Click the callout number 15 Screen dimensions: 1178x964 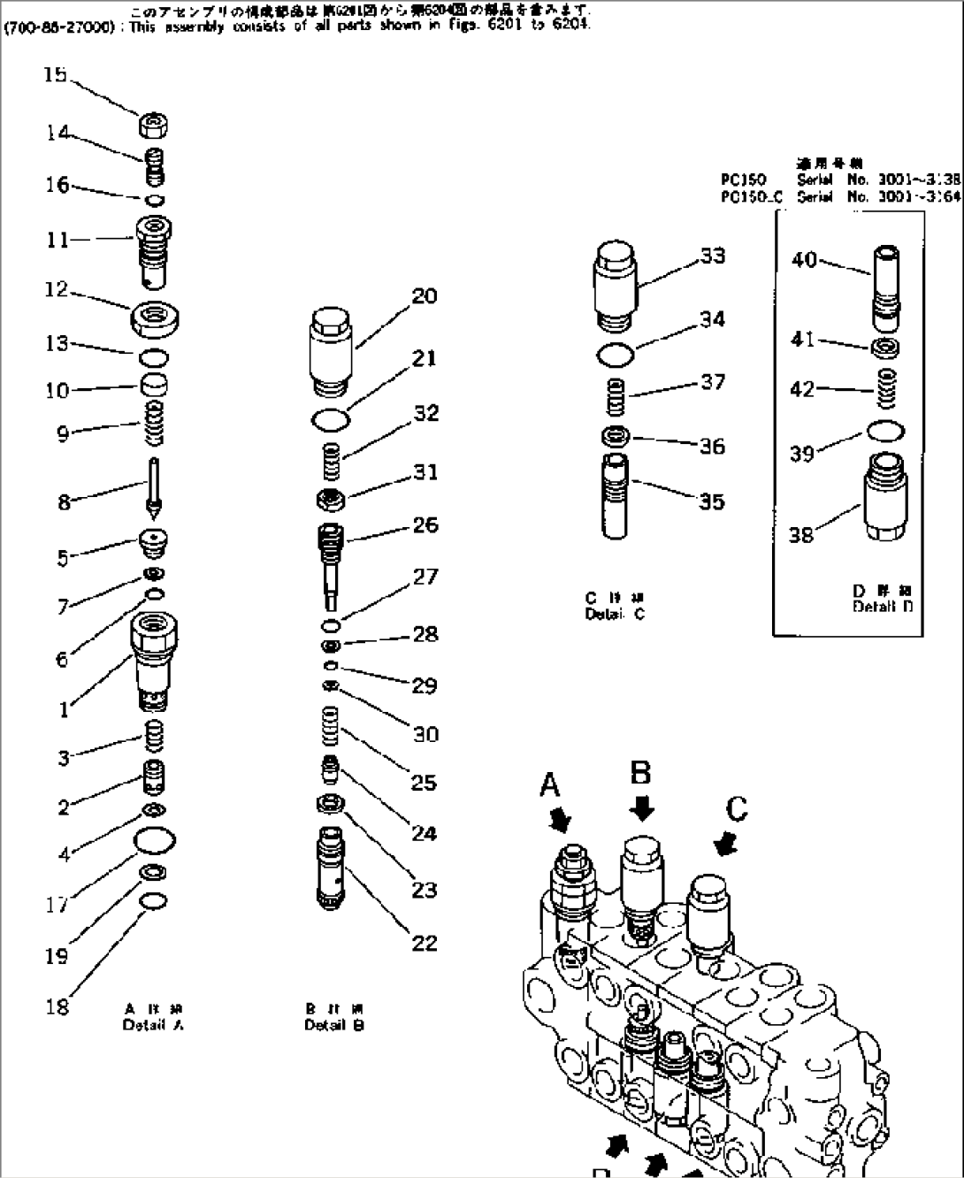tap(55, 75)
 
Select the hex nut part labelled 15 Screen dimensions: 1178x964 tap(155, 125)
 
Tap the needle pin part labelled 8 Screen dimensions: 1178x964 tap(155, 487)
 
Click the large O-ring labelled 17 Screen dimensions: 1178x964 tap(155, 839)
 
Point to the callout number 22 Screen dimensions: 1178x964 tap(425, 943)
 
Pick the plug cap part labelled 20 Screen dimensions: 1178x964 tap(333, 355)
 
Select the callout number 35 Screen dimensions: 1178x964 tap(711, 501)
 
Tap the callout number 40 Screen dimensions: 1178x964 tap(804, 260)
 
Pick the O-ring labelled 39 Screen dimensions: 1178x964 tap(886, 431)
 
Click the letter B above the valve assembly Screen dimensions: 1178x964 tap(640, 772)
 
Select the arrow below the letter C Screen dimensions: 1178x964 tap(725, 845)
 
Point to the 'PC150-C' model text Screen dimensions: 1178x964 tap(752, 197)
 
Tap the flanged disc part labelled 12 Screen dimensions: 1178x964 tap(157, 317)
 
